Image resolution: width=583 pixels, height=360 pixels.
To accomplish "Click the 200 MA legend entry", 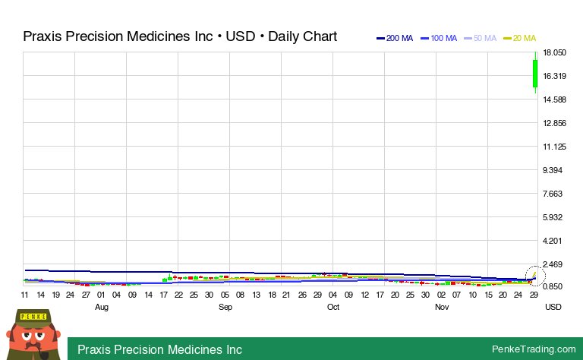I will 395,38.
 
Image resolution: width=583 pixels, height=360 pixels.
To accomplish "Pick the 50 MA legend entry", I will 481,38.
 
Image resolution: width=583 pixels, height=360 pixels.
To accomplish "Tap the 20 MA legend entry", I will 520,38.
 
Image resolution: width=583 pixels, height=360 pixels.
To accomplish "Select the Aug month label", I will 102,307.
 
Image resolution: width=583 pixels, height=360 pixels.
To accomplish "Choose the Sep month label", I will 225,307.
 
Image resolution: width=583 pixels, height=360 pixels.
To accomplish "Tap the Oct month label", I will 333,307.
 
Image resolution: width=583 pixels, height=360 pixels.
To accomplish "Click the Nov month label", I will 442,307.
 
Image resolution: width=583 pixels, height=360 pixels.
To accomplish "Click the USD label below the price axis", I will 553,307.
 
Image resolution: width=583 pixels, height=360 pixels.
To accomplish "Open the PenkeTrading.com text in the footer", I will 534,349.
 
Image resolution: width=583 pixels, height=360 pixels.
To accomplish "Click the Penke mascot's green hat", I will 33,317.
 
